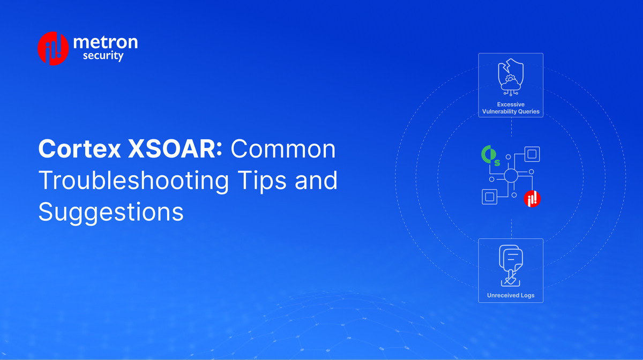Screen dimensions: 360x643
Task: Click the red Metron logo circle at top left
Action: (53, 48)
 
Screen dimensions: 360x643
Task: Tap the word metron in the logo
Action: (105, 42)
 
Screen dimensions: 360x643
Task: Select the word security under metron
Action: (103, 56)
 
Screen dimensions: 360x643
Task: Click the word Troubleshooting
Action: (133, 181)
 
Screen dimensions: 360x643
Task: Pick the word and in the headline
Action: (318, 181)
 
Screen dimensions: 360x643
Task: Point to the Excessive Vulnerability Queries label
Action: (511, 108)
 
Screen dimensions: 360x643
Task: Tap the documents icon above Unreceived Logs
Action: (511, 265)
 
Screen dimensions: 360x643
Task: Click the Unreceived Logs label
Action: (511, 295)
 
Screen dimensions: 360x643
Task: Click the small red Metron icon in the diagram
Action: (532, 198)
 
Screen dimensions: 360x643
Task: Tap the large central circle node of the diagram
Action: (510, 176)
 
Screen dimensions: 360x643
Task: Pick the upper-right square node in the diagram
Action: (532, 154)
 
